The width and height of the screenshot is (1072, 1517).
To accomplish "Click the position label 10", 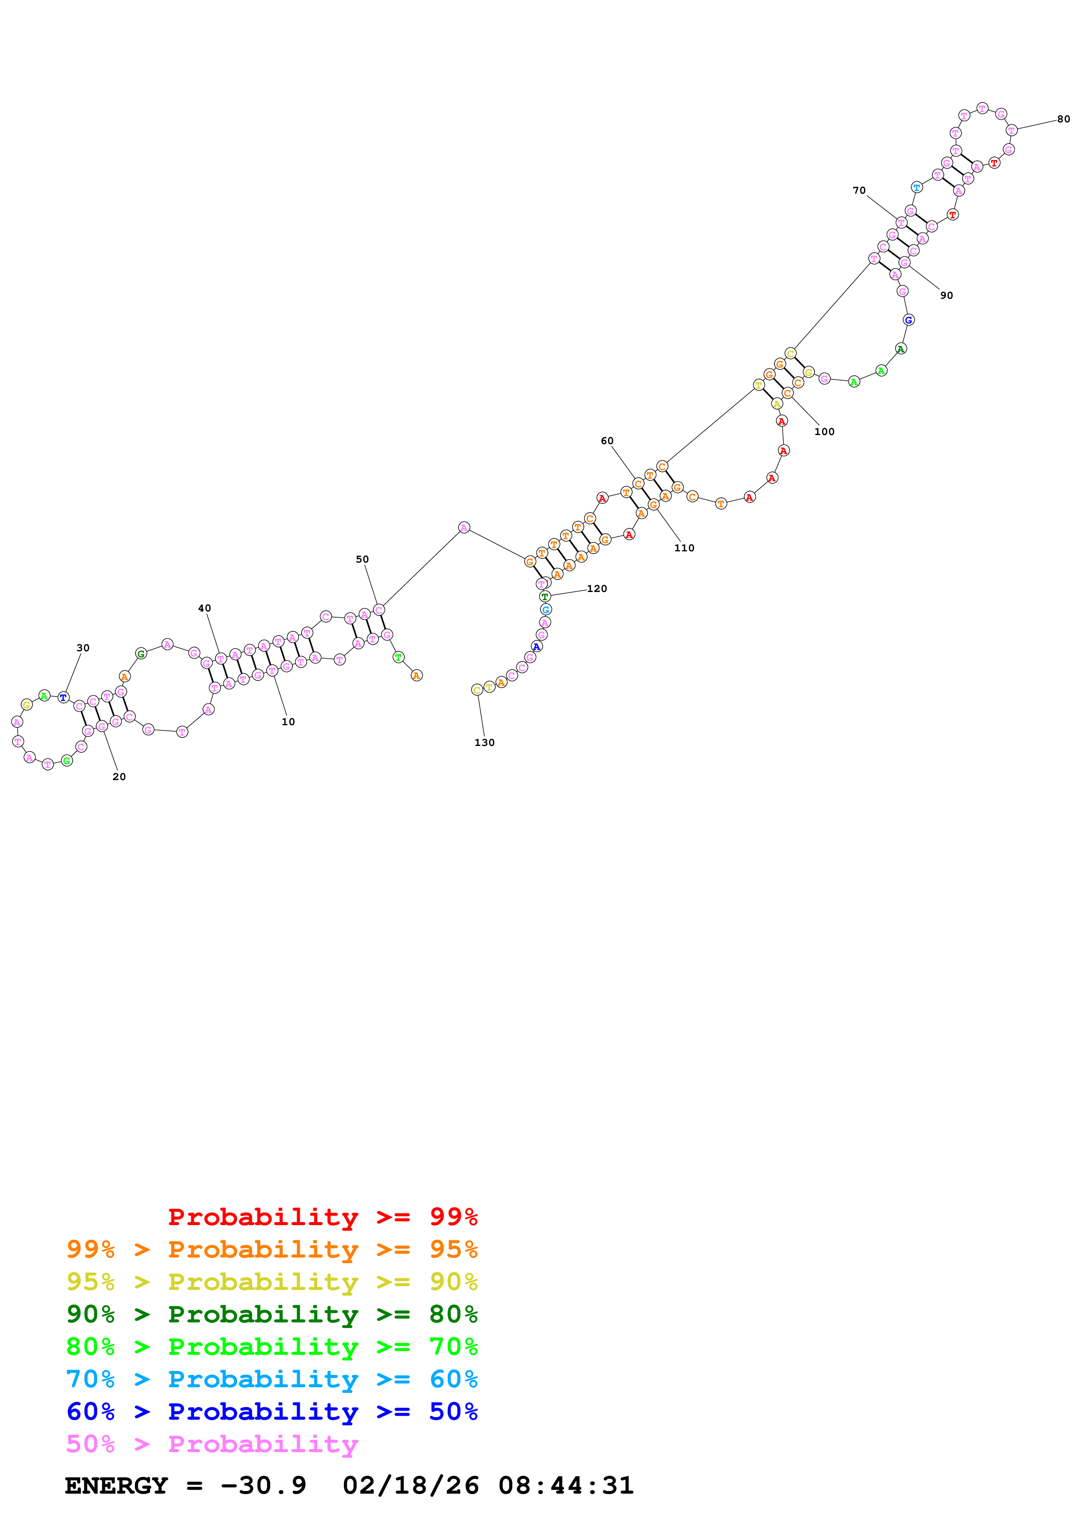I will click(288, 721).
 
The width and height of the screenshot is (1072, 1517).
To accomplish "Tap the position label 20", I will click(119, 776).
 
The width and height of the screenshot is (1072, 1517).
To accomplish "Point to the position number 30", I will click(83, 647).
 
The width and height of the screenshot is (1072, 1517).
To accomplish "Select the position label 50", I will click(362, 559).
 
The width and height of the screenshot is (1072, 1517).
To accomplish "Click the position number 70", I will click(859, 190).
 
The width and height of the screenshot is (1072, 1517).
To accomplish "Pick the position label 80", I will click(1063, 119).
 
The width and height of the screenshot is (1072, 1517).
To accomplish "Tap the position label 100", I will click(824, 432).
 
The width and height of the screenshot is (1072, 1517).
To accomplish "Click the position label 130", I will click(484, 742).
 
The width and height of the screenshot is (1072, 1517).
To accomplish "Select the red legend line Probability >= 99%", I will click(322, 1217).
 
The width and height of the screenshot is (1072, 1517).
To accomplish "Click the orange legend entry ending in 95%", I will click(272, 1249).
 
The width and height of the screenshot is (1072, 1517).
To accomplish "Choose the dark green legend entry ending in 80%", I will click(272, 1314).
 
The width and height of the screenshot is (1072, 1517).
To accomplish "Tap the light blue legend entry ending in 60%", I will click(272, 1379).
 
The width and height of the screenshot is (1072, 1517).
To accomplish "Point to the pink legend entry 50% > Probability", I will click(212, 1443).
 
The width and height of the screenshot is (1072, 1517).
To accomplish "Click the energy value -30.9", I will click(263, 1485).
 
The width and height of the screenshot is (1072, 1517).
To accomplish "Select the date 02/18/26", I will click(410, 1485).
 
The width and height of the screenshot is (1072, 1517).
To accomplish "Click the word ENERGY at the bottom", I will click(116, 1485).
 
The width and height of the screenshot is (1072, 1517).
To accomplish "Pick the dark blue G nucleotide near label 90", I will click(908, 320).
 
